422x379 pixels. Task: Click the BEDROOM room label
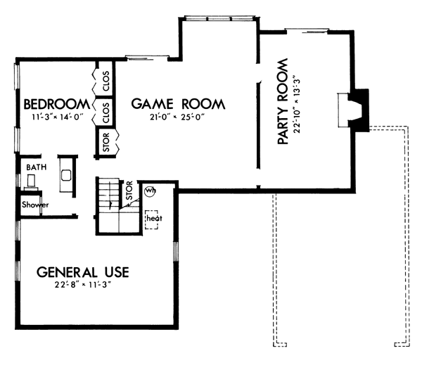click(57, 104)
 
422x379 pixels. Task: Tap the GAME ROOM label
click(178, 104)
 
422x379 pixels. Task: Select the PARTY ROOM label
click(283, 101)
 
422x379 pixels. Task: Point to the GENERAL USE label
click(82, 272)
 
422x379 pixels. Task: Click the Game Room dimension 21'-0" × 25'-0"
click(178, 117)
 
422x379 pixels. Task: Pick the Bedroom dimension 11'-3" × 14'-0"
click(58, 117)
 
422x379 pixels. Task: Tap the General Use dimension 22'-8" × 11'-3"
click(83, 285)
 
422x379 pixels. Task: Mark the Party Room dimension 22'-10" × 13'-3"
click(297, 105)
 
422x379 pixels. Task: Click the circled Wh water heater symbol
click(151, 191)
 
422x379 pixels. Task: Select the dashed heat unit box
click(151, 219)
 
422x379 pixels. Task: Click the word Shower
click(35, 205)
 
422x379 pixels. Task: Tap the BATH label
click(37, 167)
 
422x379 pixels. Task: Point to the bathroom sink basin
click(66, 175)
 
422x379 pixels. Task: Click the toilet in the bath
click(31, 181)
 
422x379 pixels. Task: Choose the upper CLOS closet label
click(106, 81)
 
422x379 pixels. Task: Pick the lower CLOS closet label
click(106, 113)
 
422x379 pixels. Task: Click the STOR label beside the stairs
click(129, 191)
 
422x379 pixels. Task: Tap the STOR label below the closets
click(106, 142)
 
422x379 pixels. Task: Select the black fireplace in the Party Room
click(359, 110)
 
